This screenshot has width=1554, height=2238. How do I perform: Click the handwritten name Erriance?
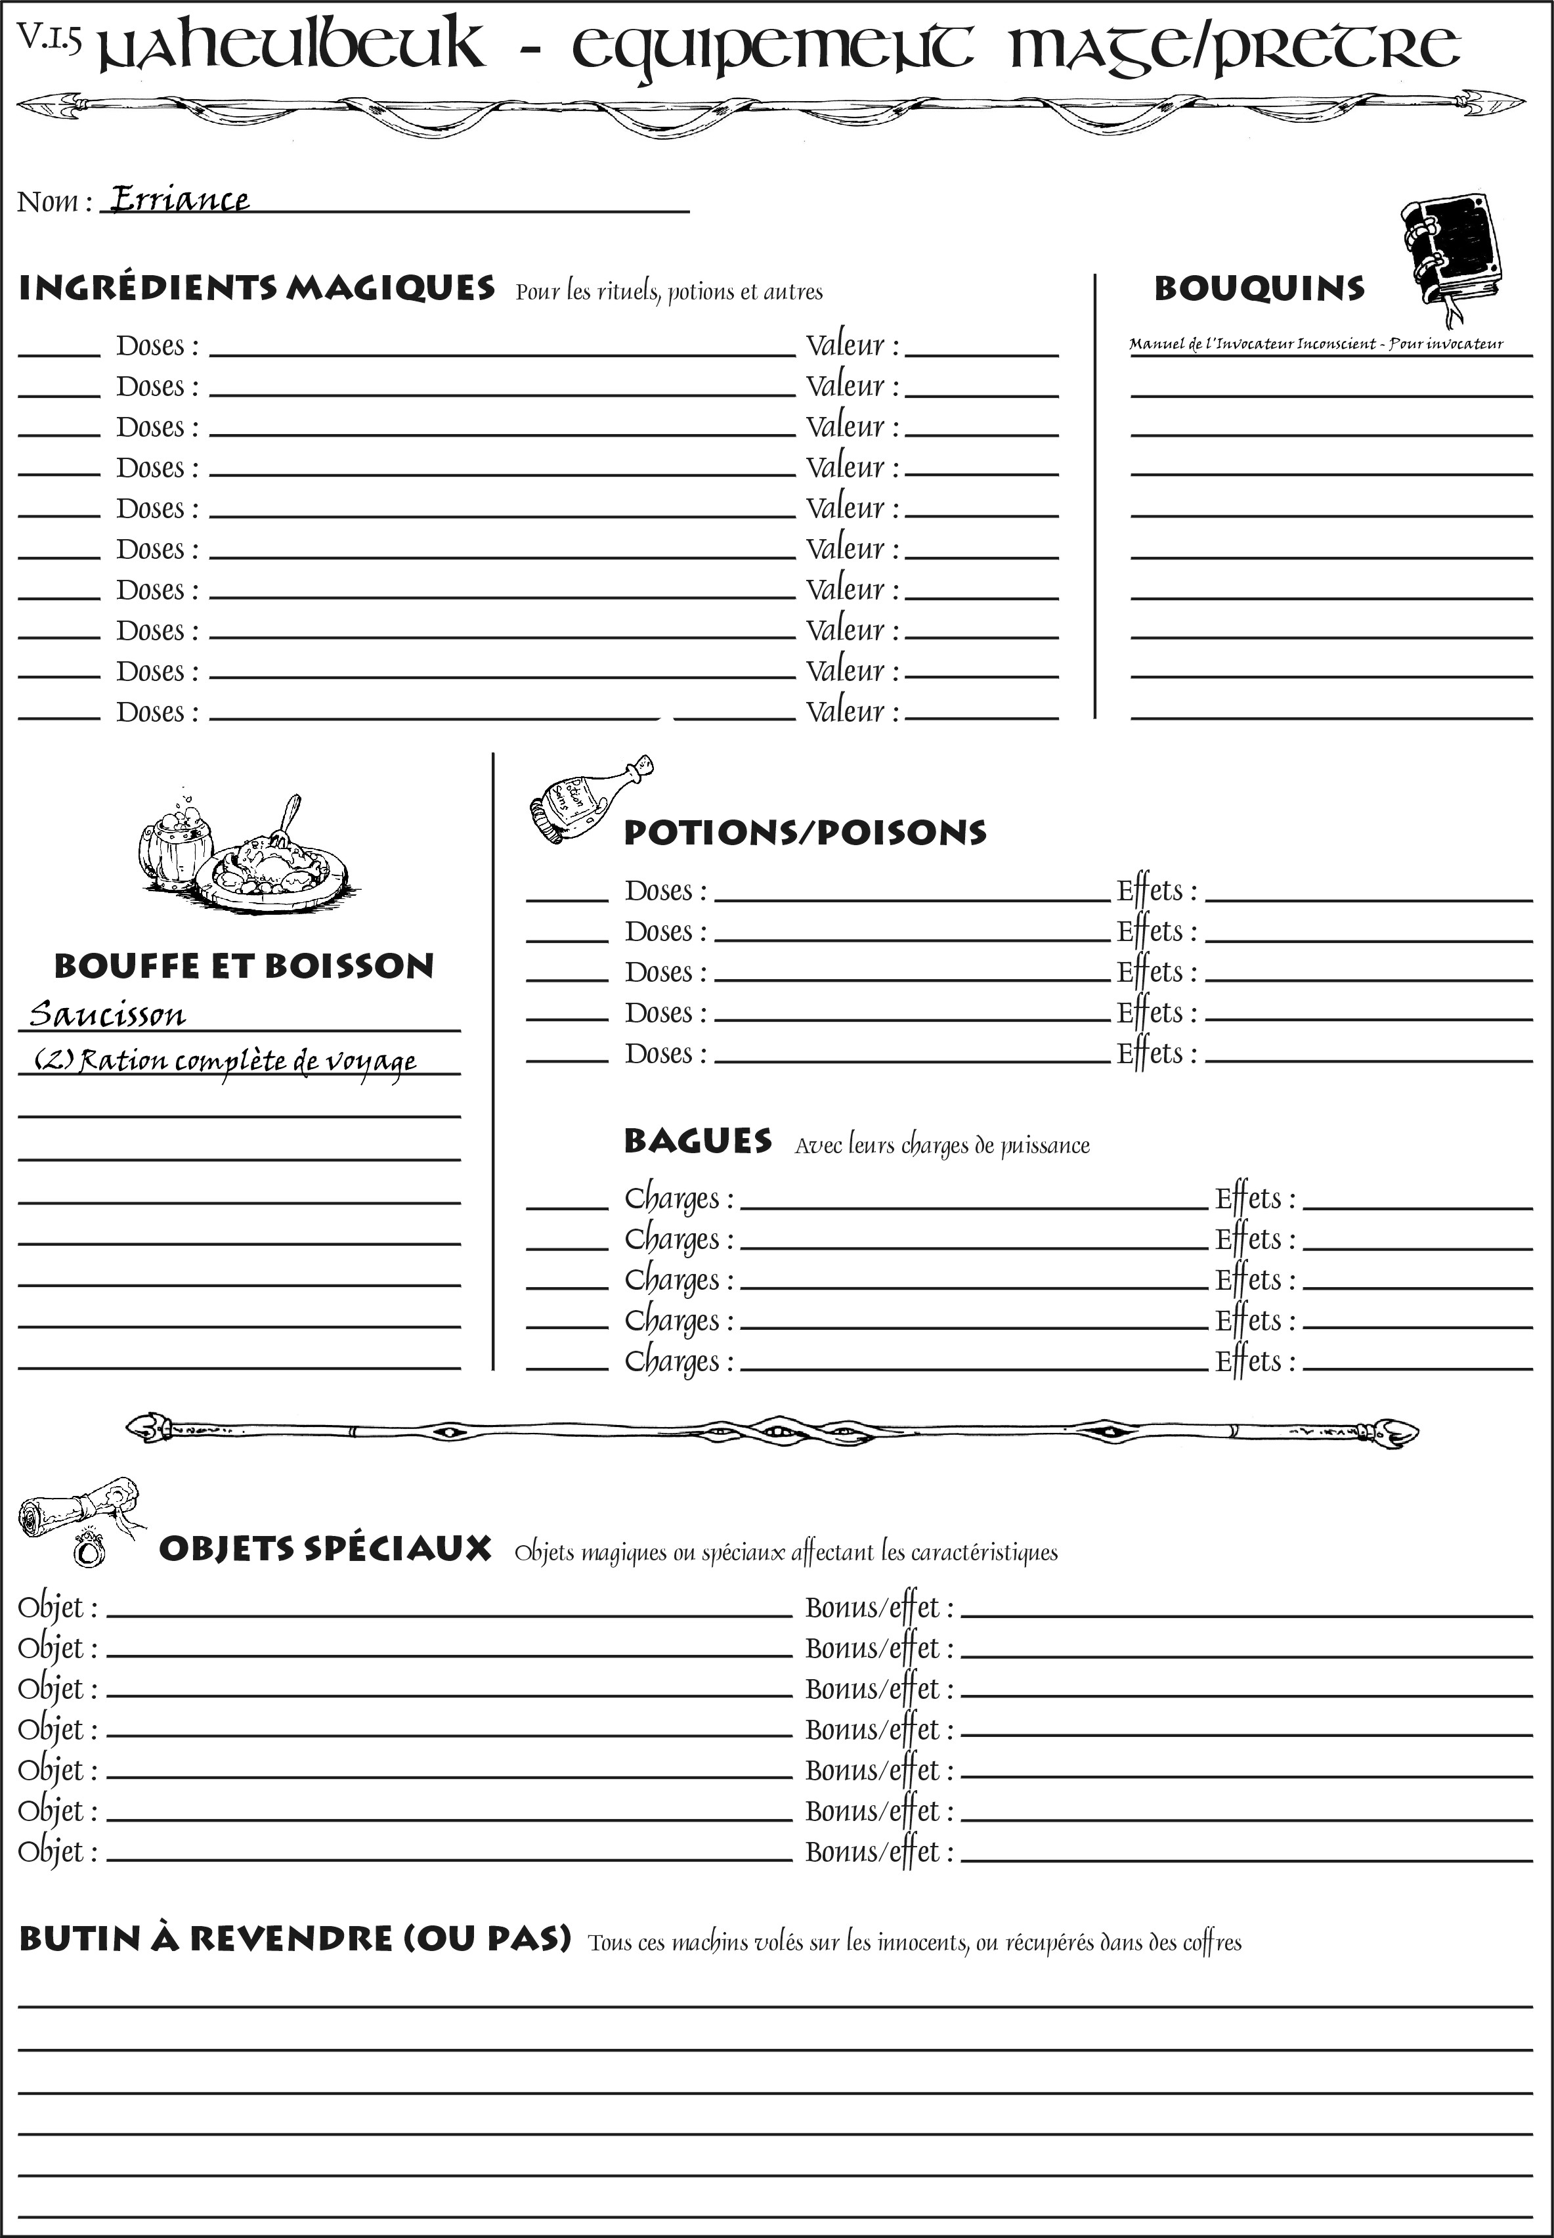tap(179, 199)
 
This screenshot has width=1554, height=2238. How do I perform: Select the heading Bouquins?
tap(1259, 289)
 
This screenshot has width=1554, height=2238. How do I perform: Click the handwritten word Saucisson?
tap(107, 1015)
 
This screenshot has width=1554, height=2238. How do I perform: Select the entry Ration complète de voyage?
tap(226, 1060)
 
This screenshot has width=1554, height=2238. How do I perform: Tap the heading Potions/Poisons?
tap(804, 833)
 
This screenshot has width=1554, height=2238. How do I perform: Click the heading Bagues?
tap(697, 1141)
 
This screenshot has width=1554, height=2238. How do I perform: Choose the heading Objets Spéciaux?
tap(325, 1548)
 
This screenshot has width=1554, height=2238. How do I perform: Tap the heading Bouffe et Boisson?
tap(244, 966)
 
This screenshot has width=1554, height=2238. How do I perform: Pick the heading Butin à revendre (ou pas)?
tap(294, 1938)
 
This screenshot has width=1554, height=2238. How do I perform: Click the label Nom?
tap(54, 202)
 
